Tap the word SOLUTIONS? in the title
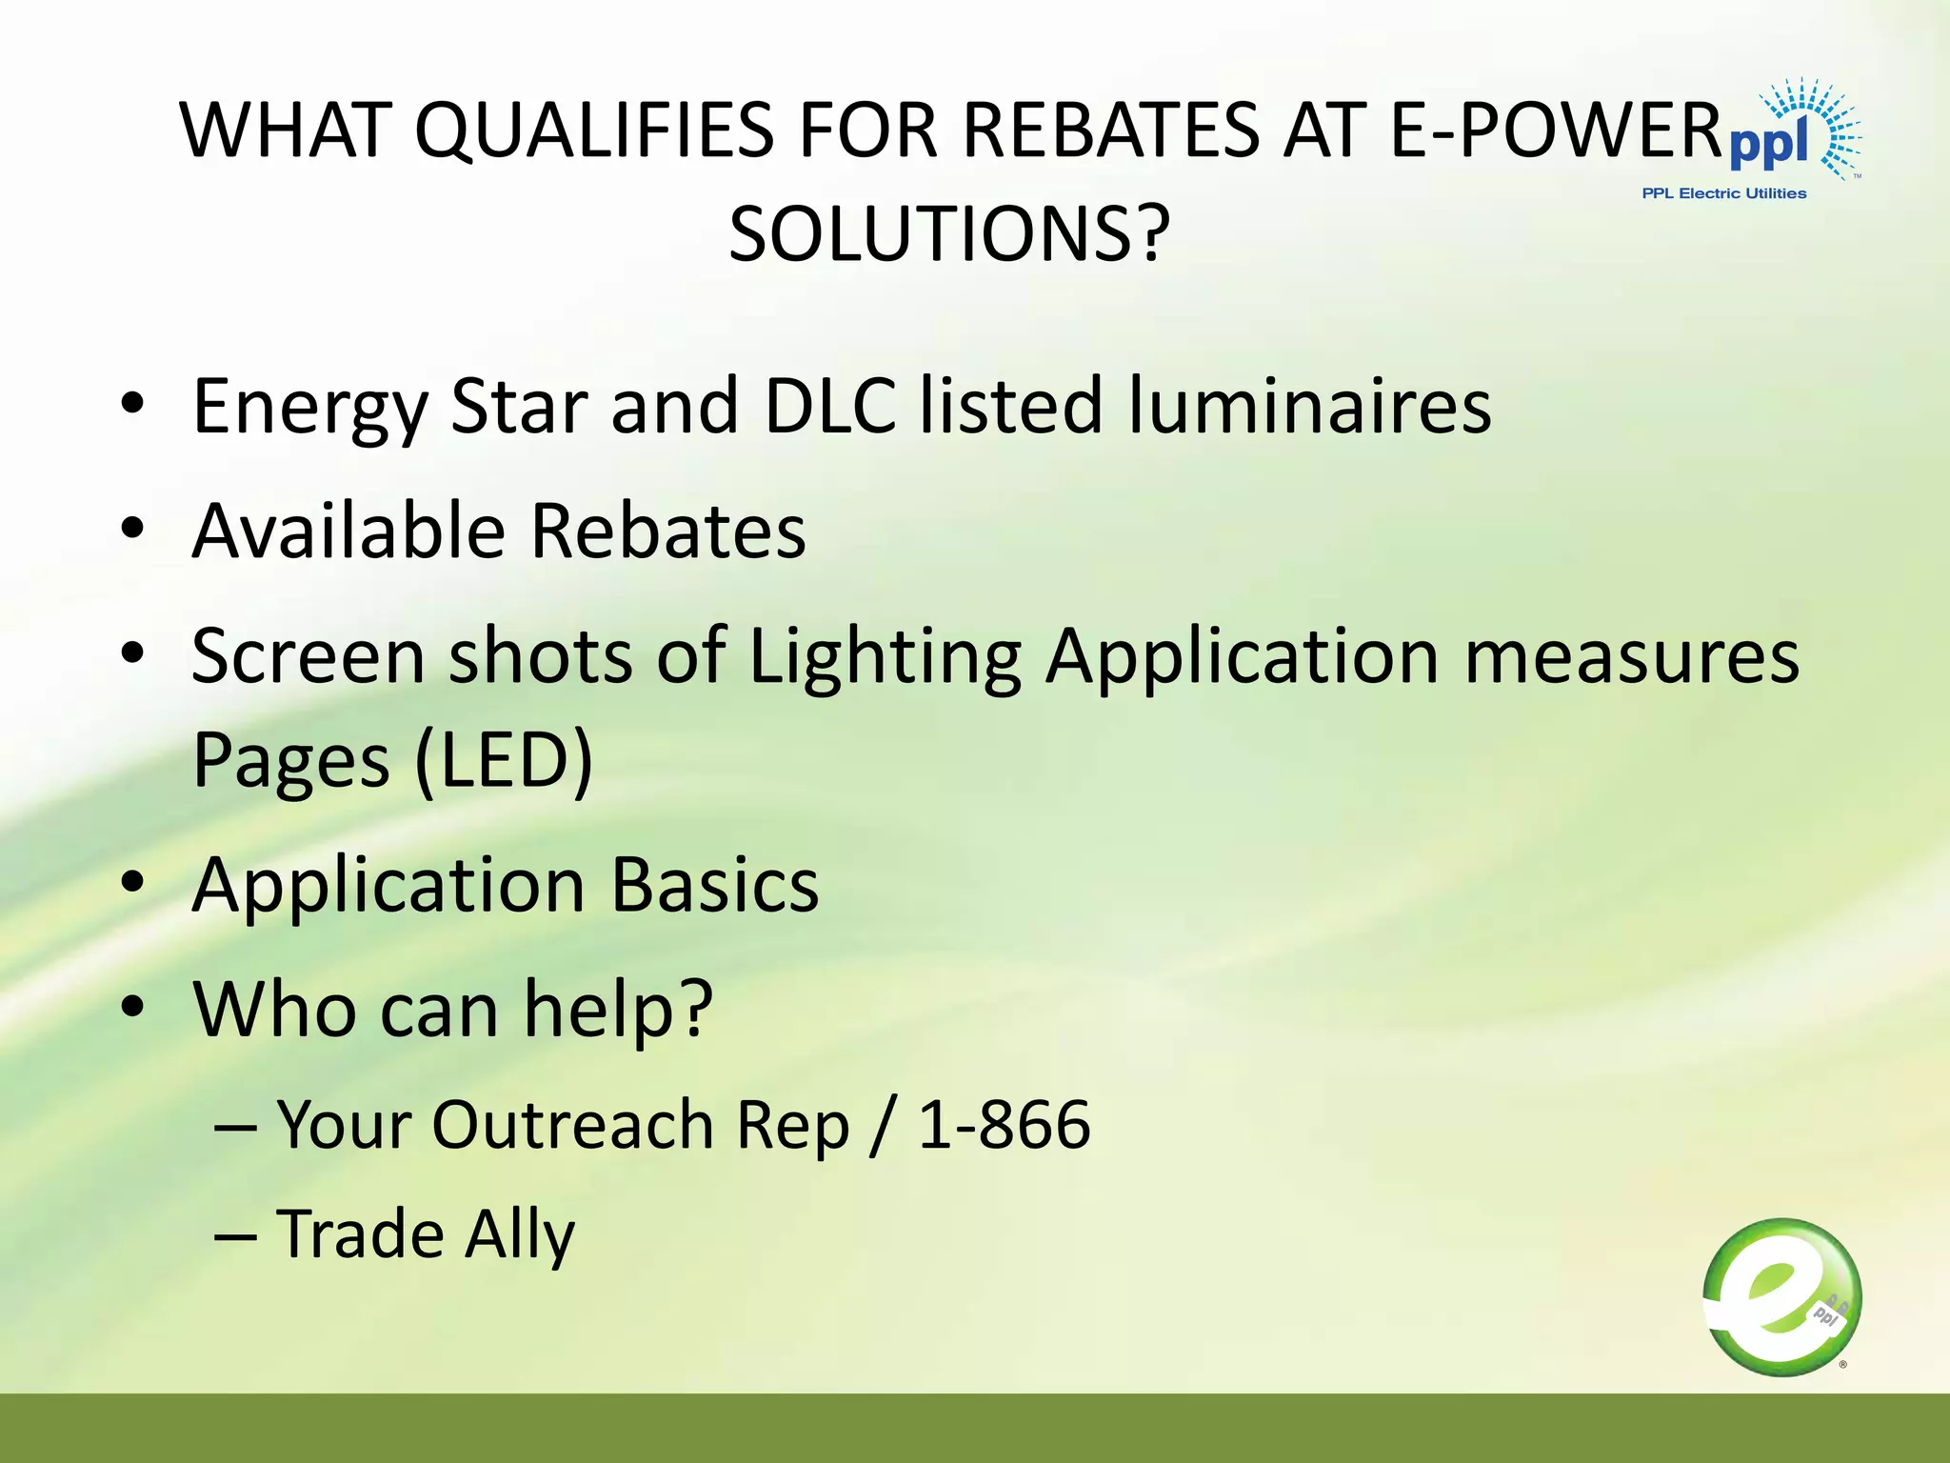coord(949,234)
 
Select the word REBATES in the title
coord(1110,130)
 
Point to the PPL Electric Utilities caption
coord(1723,193)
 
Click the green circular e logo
coord(1781,1296)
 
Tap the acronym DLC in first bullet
coord(829,406)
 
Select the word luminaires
coord(1310,406)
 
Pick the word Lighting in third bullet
coord(885,657)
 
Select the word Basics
coord(714,885)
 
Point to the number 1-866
coord(1004,1125)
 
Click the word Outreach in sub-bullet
coord(573,1125)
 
